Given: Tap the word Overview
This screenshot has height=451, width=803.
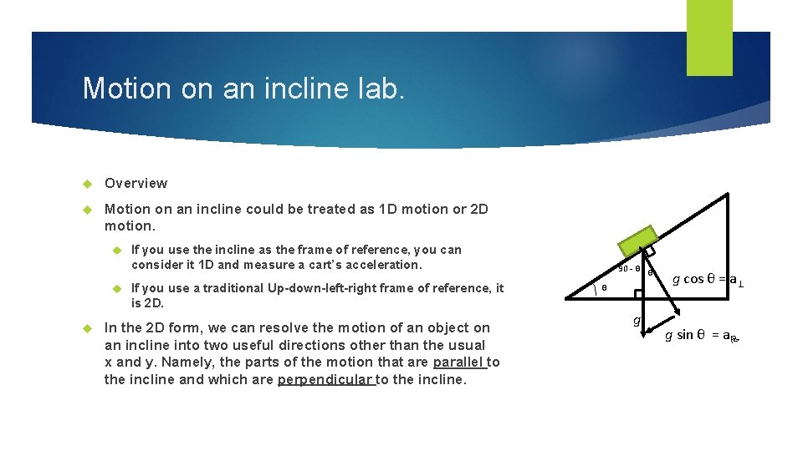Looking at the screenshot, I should click(x=136, y=183).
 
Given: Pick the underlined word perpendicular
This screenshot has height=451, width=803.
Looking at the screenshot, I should click(x=325, y=379).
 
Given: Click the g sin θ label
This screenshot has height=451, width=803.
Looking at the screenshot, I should click(x=701, y=336).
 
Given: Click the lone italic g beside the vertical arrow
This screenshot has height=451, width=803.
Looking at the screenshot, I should click(x=637, y=321).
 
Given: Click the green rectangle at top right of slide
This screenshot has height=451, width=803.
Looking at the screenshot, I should click(x=709, y=38).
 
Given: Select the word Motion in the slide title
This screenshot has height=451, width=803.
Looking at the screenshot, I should click(x=122, y=89).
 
